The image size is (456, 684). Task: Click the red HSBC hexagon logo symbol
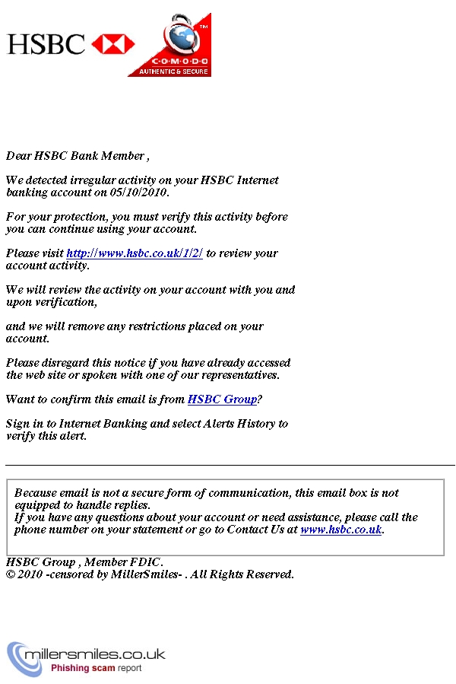click(113, 44)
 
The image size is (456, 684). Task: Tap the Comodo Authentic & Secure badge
click(169, 45)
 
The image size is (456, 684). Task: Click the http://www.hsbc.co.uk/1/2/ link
click(135, 253)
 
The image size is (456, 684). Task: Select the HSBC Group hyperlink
click(222, 399)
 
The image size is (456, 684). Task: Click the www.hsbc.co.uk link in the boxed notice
click(340, 530)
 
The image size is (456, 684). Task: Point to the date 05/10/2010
click(138, 192)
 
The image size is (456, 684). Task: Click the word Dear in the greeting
click(19, 156)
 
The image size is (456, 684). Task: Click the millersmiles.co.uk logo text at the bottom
click(95, 654)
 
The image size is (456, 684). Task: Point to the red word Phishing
click(72, 668)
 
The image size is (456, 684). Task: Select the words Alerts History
click(240, 424)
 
